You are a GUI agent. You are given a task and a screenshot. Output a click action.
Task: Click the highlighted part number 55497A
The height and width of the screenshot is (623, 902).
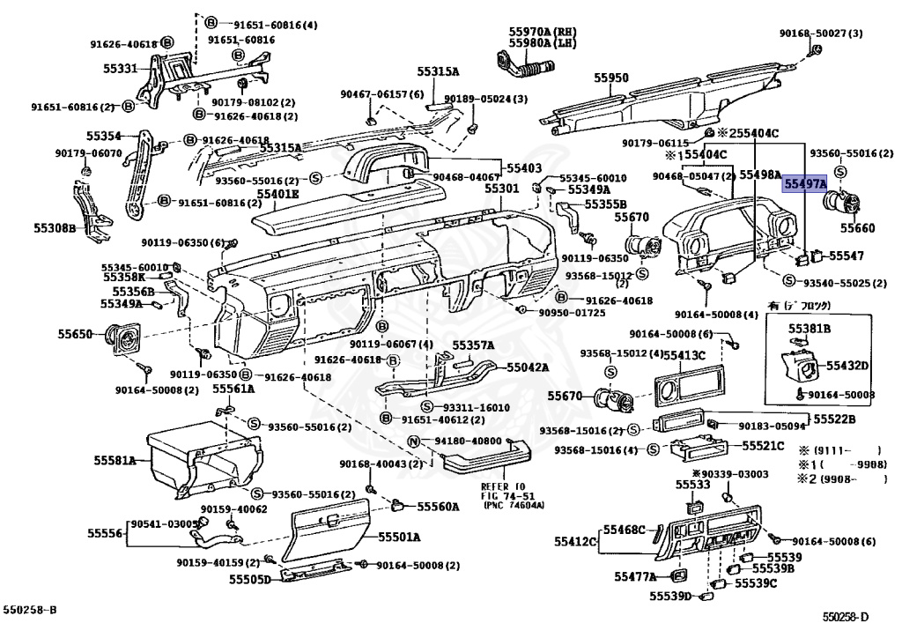805,183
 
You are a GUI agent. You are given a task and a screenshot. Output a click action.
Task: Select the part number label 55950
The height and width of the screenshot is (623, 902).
610,78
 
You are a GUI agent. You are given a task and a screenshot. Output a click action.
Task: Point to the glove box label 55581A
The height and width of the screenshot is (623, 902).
115,460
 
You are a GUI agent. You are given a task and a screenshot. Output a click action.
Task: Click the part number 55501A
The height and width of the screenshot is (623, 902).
400,537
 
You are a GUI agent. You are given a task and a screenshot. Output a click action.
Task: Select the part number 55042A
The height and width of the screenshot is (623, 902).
527,367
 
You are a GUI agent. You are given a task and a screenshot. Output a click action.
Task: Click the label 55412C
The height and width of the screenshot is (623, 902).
575,540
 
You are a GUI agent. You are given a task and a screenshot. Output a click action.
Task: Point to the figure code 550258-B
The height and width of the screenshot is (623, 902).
29,610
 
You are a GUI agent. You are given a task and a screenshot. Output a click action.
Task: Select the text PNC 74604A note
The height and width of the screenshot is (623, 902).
512,505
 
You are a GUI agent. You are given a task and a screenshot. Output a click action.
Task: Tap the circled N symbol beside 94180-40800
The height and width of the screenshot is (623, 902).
412,441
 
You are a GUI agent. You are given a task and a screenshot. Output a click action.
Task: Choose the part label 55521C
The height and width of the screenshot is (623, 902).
763,446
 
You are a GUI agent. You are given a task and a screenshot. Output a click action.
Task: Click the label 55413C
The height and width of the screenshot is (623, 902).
684,355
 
